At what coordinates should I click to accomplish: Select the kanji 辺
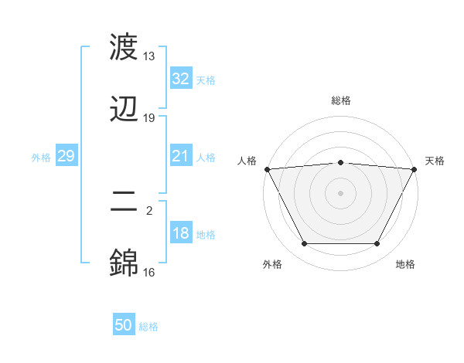[124, 108]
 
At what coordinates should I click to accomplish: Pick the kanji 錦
[124, 263]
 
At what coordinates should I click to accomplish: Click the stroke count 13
[148, 56]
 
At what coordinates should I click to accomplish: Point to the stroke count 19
[148, 118]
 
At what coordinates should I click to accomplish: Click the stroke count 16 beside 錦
[148, 272]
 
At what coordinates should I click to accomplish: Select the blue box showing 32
[180, 79]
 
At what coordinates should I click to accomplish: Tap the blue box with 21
[180, 156]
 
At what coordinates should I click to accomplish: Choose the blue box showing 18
[180, 233]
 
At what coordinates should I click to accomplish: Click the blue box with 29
[66, 156]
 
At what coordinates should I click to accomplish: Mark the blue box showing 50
[124, 325]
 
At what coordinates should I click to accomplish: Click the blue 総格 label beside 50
[148, 327]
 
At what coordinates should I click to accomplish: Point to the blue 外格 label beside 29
[41, 157]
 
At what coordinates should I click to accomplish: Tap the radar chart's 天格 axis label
[435, 161]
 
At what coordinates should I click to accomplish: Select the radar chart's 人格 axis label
[247, 161]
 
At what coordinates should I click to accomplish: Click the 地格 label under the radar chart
[405, 264]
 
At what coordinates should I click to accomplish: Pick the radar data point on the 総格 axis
[340, 162]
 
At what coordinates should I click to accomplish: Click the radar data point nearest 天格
[415, 169]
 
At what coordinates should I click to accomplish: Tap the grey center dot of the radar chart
[340, 193]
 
